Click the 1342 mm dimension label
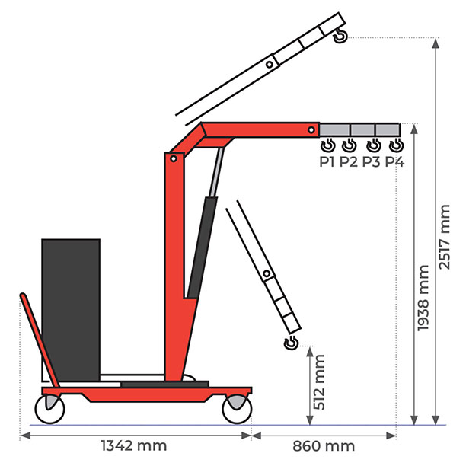(x=134, y=445)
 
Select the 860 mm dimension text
(x=324, y=446)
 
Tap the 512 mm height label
(x=319, y=382)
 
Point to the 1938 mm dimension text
(x=423, y=298)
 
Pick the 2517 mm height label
(x=445, y=237)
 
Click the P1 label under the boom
(x=327, y=162)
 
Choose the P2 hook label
(x=348, y=162)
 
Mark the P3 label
(x=371, y=162)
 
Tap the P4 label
(x=394, y=162)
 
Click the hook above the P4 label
(x=396, y=145)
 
